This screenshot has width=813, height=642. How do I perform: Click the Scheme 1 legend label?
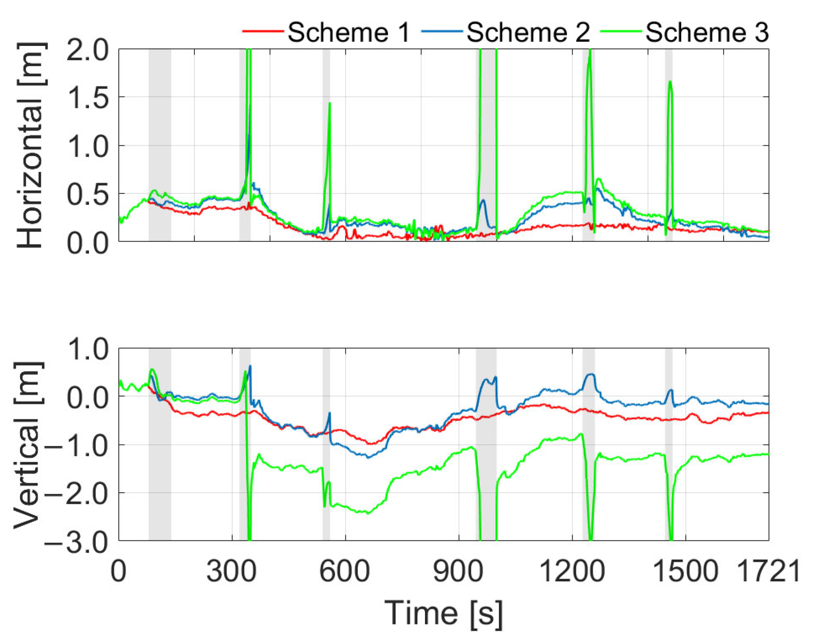[x=348, y=32]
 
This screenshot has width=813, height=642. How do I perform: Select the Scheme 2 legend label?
[x=528, y=32]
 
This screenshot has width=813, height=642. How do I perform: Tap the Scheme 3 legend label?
[x=707, y=32]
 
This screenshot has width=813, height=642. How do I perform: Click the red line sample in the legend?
[x=263, y=31]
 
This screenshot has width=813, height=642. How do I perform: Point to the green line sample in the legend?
[x=620, y=31]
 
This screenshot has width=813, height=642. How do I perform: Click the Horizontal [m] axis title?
[x=30, y=145]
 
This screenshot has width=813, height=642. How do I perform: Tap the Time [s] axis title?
[x=443, y=613]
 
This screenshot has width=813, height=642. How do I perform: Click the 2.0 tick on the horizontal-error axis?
[x=87, y=50]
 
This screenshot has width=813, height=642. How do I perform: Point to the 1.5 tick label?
[x=87, y=98]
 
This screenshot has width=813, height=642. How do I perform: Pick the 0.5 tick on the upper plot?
[x=87, y=195]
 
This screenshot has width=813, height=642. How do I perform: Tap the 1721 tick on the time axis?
[x=769, y=572]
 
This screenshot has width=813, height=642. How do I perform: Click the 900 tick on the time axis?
[x=458, y=572]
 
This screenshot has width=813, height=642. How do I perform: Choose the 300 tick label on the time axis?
[x=231, y=572]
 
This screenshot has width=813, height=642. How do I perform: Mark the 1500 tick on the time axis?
[x=685, y=572]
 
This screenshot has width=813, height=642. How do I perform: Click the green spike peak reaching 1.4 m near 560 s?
[x=330, y=103]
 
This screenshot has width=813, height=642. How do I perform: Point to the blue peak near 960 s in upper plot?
[x=483, y=200]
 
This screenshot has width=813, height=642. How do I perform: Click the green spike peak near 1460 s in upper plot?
[x=670, y=82]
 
